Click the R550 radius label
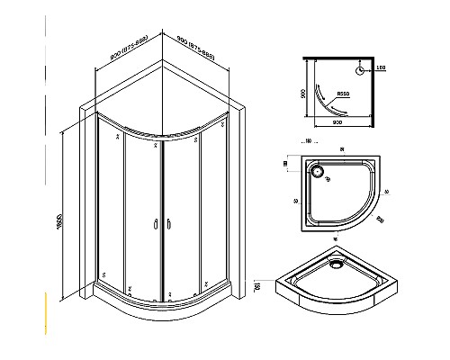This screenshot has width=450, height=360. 342,93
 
